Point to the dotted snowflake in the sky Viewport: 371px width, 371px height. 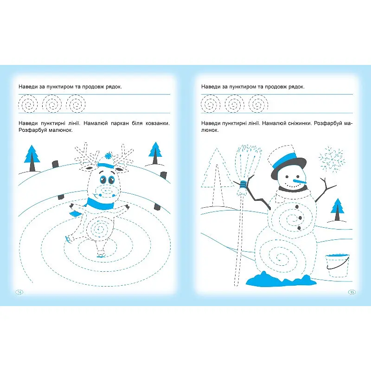[331, 159]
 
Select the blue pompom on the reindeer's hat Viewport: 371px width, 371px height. [108, 156]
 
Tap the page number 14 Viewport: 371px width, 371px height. [19, 292]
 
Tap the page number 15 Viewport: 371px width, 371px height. [352, 292]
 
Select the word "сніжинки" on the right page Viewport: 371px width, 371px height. [300, 123]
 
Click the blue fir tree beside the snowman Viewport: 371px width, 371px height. [337, 210]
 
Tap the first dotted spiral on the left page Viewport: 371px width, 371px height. [28, 103]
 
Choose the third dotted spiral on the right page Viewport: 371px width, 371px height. [258, 103]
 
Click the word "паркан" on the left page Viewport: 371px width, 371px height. [120, 123]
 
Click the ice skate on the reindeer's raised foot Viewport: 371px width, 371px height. [68, 239]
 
